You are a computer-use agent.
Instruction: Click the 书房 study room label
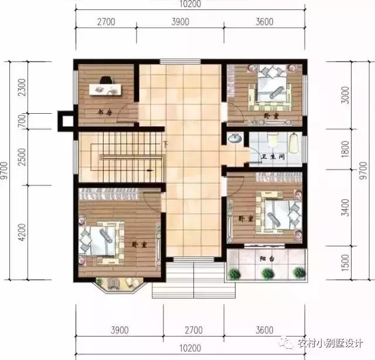[x=104, y=112]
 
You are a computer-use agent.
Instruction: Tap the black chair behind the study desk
[x=105, y=80]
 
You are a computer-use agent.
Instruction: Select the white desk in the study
[x=104, y=90]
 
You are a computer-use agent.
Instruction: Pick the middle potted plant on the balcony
[x=268, y=273]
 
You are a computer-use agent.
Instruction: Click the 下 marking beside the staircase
[x=166, y=144]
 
